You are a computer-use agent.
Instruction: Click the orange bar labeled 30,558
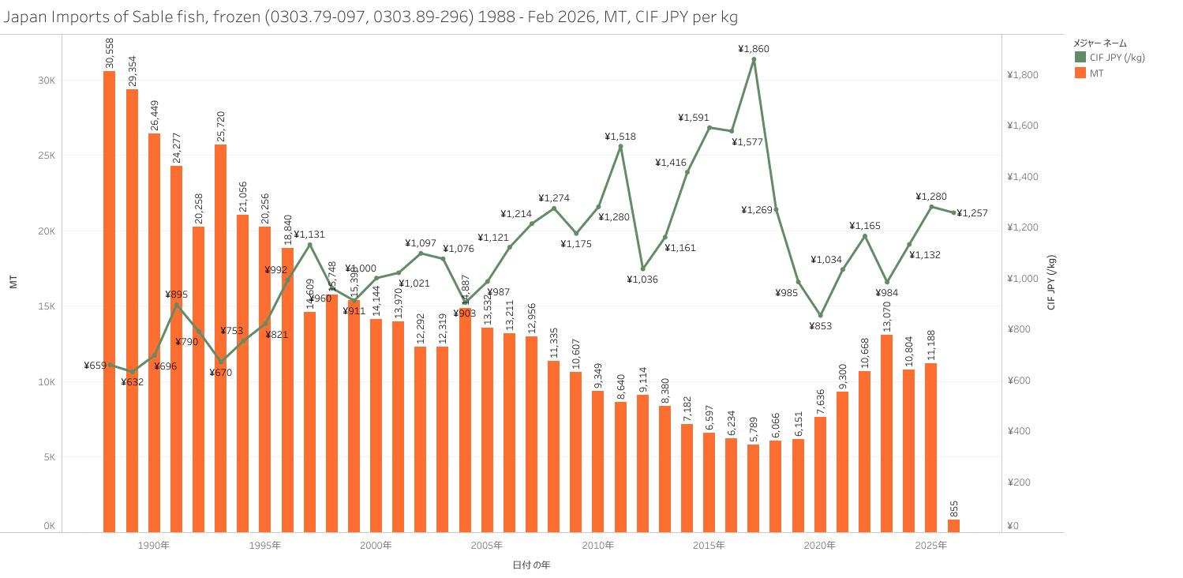(x=109, y=300)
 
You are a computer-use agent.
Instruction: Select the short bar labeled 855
(x=953, y=526)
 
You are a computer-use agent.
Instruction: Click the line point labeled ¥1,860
(x=754, y=59)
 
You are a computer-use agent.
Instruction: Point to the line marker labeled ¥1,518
(x=620, y=146)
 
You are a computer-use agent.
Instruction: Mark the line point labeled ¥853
(x=820, y=315)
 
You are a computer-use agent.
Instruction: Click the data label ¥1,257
(x=972, y=213)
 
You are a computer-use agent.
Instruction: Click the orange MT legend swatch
(x=1080, y=73)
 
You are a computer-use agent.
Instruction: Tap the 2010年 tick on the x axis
(x=598, y=546)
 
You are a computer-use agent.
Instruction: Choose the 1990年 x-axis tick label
(x=153, y=546)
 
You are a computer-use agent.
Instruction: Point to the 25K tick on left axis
(x=46, y=156)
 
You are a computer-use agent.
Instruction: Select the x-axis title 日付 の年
(x=531, y=565)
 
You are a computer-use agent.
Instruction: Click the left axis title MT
(x=13, y=283)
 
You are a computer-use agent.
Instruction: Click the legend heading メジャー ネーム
(x=1099, y=43)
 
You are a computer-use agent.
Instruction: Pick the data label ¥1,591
(x=693, y=118)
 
